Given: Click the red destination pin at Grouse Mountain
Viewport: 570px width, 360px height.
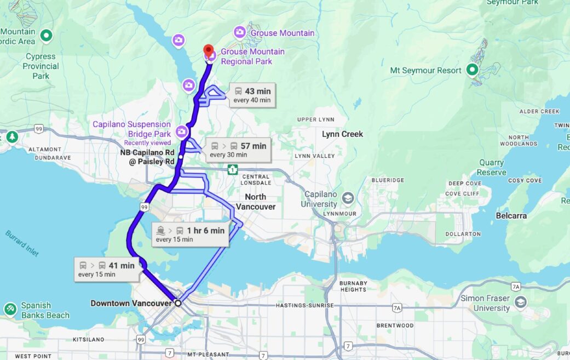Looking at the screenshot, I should [x=209, y=52].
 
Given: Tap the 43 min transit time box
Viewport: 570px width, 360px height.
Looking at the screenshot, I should [x=252, y=95].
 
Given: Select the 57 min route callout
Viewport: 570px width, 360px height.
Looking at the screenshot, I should [x=239, y=150].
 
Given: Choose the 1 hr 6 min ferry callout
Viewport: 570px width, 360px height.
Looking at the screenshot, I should [x=189, y=235].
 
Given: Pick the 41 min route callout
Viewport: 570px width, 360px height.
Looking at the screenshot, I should [x=105, y=270].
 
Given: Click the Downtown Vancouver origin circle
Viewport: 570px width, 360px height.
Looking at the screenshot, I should [x=177, y=303].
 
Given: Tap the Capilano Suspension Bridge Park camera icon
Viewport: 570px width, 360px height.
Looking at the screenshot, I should [x=182, y=132].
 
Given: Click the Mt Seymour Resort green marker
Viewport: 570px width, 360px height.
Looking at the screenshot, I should [x=472, y=70].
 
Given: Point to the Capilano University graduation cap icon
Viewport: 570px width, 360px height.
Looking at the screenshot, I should [x=348, y=198].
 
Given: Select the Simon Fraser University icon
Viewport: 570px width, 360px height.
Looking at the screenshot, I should [x=520, y=302].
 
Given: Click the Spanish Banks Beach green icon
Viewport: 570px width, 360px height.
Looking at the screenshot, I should [x=10, y=310].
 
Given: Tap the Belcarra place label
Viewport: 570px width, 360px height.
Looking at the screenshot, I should [x=511, y=216].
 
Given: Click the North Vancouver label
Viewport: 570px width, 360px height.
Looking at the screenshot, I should [x=256, y=202].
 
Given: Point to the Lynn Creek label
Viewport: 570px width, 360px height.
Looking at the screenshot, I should [x=342, y=134].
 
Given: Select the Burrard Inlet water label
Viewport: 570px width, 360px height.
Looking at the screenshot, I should [x=23, y=242].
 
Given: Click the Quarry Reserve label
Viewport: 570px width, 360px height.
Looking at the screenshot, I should [x=491, y=168].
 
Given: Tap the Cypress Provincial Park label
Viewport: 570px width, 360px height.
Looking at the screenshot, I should [x=41, y=66].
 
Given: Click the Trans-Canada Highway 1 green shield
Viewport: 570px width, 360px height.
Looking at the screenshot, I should [x=233, y=169].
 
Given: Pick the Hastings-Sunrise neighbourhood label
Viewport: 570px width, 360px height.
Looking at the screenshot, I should [x=304, y=305].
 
